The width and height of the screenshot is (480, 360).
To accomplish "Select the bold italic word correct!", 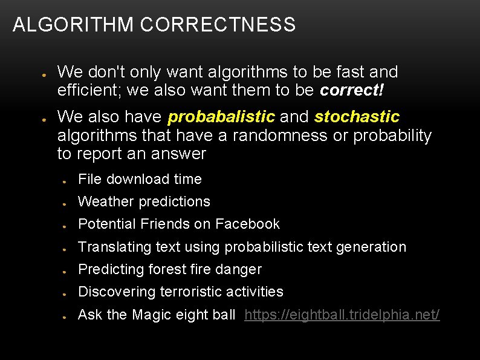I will click(352, 91).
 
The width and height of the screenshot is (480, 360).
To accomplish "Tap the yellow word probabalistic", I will click(221, 116).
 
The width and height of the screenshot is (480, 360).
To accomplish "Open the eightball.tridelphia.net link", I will click(342, 315).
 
